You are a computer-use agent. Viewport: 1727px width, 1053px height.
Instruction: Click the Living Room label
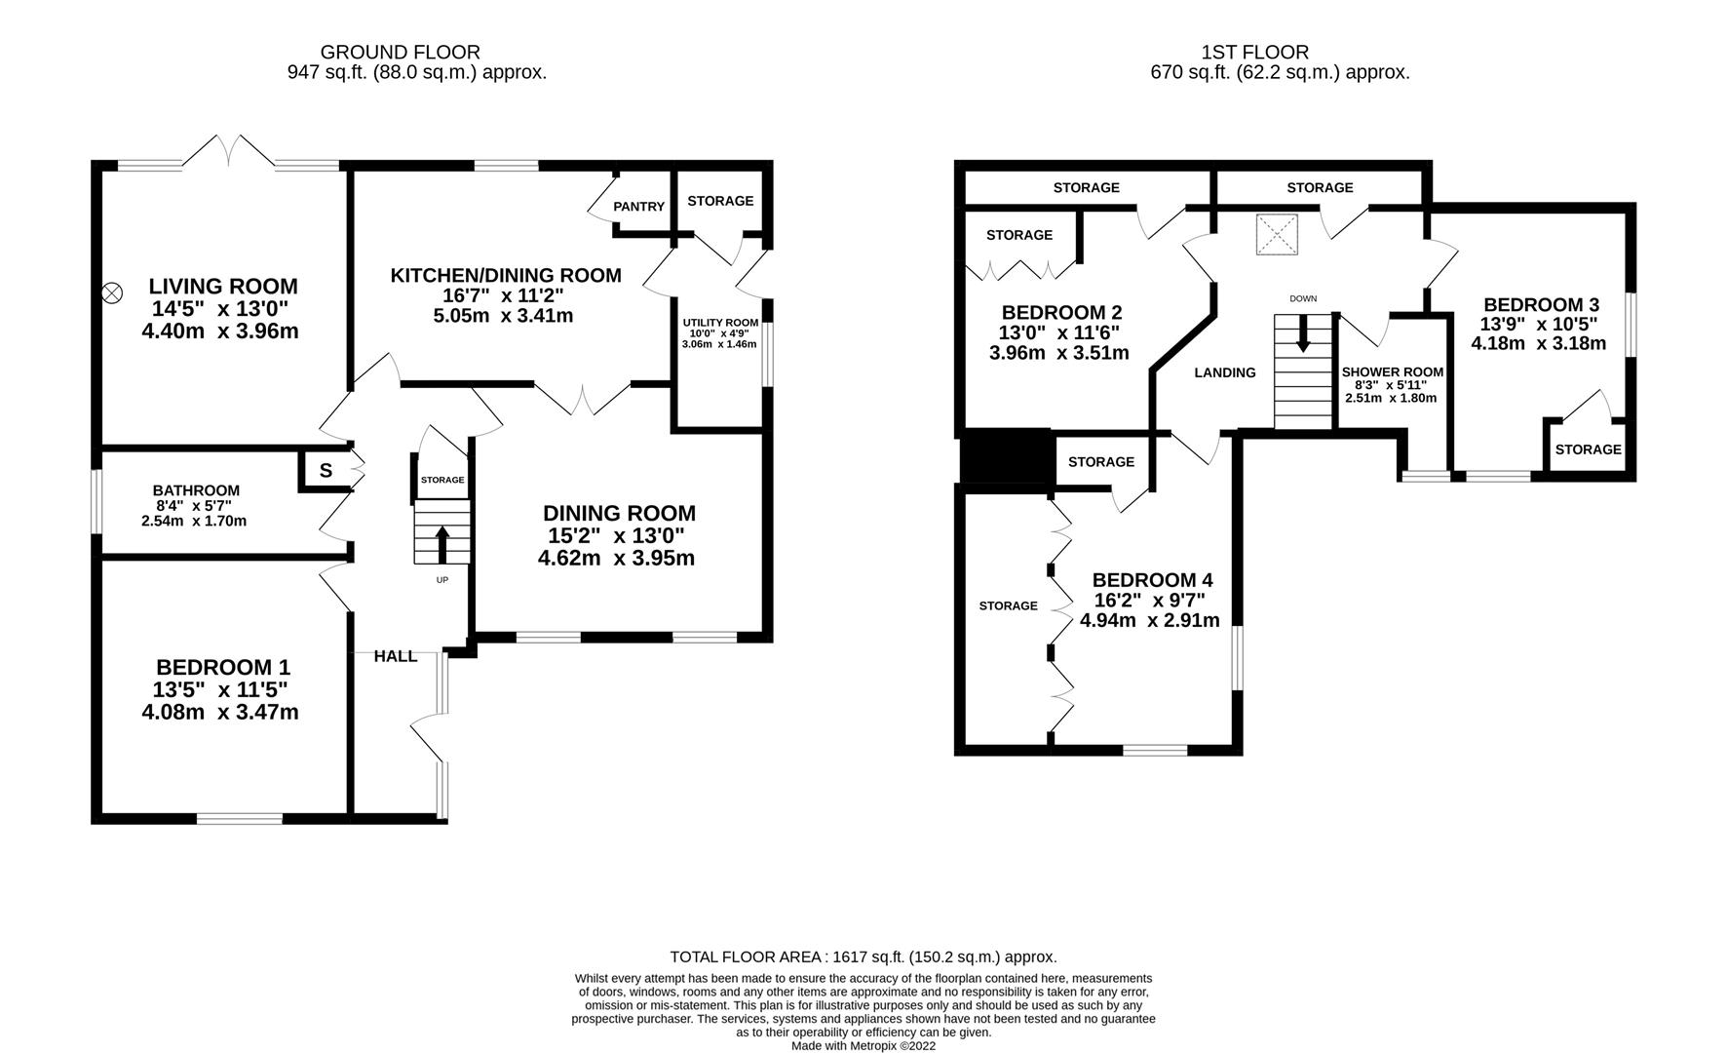click(223, 287)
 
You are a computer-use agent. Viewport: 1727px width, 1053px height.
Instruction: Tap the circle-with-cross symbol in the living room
click(113, 291)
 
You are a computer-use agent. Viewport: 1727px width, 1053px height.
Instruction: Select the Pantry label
click(638, 207)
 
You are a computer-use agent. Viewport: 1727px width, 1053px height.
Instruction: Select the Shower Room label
click(1392, 372)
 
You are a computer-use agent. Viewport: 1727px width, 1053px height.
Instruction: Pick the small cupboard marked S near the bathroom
click(326, 470)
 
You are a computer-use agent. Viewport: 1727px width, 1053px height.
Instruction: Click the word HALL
click(396, 657)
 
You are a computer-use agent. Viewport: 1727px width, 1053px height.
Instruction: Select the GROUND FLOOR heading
click(401, 53)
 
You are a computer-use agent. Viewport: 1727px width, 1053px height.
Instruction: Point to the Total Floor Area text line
click(863, 957)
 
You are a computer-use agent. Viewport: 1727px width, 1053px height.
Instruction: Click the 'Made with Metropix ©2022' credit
click(863, 1045)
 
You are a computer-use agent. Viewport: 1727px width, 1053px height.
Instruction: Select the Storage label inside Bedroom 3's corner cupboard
click(1588, 449)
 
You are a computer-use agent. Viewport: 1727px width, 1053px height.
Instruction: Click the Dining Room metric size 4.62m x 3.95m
click(616, 559)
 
